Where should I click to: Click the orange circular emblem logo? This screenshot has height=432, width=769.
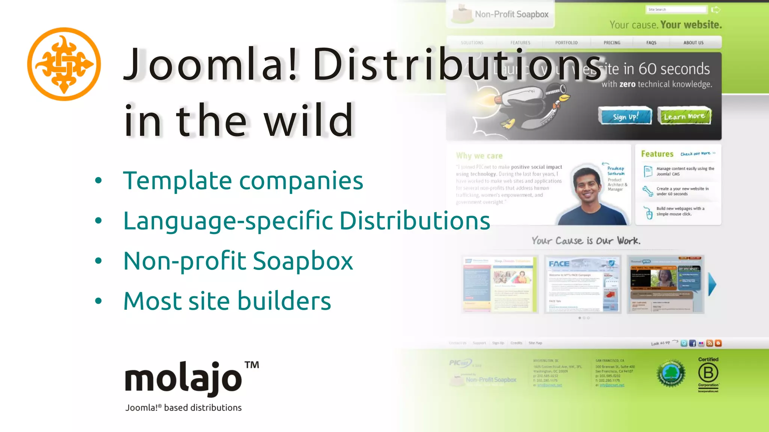point(64,64)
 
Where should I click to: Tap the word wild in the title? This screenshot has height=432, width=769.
point(309,120)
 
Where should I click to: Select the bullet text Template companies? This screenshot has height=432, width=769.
point(243,180)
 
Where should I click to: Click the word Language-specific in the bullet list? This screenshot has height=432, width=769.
point(228,220)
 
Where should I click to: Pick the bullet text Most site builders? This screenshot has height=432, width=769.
point(227,301)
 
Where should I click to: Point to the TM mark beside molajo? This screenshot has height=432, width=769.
point(252,365)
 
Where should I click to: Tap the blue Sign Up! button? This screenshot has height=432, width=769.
point(625,116)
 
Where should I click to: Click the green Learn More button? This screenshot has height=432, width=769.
point(684,116)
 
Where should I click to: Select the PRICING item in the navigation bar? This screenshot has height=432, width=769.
point(612,43)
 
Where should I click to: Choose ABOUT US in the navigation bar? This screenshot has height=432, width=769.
point(693,43)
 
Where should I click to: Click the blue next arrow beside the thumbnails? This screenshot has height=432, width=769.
point(712,284)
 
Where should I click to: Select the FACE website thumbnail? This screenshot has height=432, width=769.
point(582,284)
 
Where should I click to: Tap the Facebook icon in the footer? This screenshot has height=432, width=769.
point(692,343)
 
